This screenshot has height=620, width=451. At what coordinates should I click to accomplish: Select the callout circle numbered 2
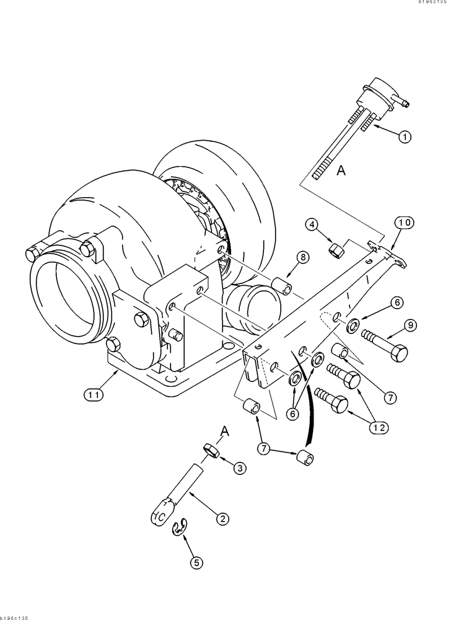[220, 516]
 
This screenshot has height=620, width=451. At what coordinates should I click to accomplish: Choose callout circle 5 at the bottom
[196, 562]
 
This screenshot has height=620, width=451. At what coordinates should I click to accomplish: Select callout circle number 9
[409, 324]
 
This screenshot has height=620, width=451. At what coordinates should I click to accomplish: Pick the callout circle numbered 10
[405, 223]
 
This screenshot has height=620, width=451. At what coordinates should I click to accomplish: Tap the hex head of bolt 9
[400, 354]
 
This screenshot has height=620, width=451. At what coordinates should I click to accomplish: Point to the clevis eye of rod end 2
[160, 512]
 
